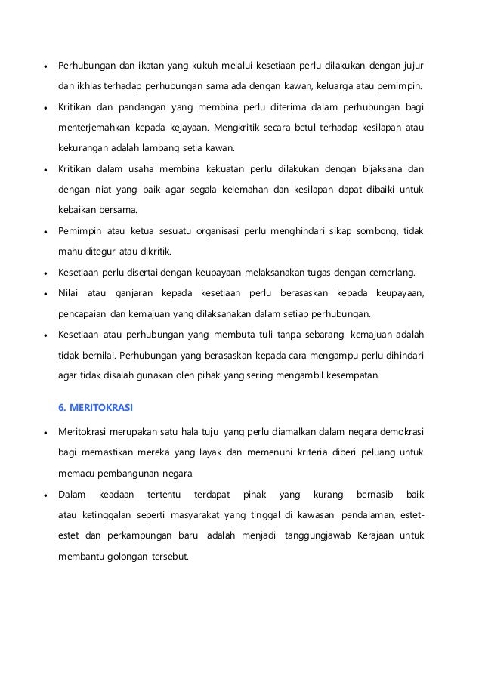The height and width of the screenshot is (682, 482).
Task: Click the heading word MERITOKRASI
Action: coord(101,407)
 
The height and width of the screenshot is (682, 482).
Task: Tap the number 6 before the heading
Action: coord(62,407)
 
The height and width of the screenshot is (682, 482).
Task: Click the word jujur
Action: coord(412,64)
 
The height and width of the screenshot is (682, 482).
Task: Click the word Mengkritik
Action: coord(246,128)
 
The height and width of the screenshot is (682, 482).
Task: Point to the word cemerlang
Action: coord(398,272)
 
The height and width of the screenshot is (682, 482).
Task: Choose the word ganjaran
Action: coord(134,292)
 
